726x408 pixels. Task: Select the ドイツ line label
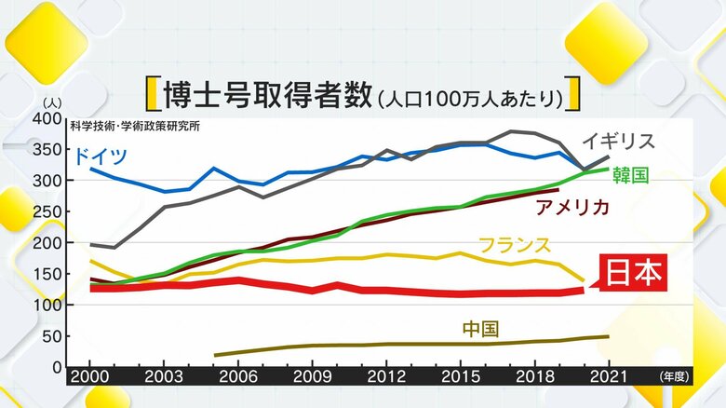pyautogui.click(x=100, y=156)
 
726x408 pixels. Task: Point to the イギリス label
pyautogui.click(x=620, y=142)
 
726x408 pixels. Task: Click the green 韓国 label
pyautogui.click(x=629, y=175)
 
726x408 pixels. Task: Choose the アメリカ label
pyautogui.click(x=572, y=207)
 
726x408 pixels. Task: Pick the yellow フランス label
pyautogui.click(x=515, y=245)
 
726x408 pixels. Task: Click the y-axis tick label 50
pyautogui.click(x=51, y=335)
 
